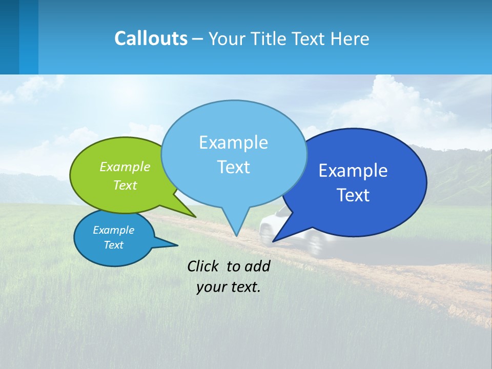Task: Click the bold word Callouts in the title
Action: pos(151,38)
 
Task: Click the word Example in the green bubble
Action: pos(125,167)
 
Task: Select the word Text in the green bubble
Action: pos(125,185)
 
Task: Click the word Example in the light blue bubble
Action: pos(233,142)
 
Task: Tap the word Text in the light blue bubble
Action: pos(233,167)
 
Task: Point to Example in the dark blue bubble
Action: pos(353,170)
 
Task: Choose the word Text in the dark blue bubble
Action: pos(353,195)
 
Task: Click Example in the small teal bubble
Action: pos(113,230)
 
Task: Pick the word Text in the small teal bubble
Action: pos(113,245)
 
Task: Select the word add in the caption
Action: pos(257,266)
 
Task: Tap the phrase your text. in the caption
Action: pos(229,287)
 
